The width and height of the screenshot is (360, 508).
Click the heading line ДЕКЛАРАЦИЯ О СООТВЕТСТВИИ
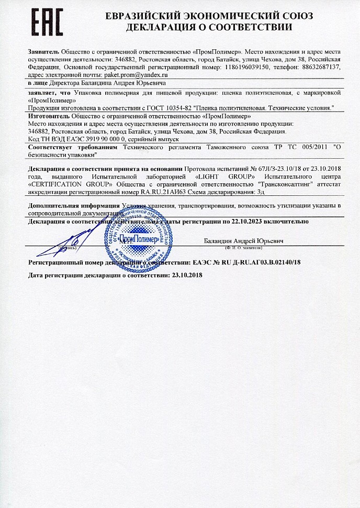click(x=208, y=27)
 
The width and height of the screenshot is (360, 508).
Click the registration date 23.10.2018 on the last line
click(x=187, y=275)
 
